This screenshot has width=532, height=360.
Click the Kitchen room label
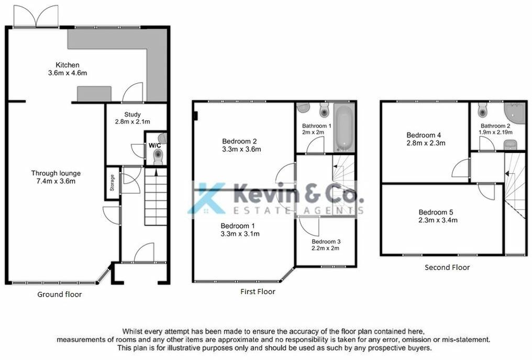tap(67, 65)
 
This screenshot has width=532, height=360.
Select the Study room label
tap(132, 114)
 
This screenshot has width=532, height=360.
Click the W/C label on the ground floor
tap(153, 145)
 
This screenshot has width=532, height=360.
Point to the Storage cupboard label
tap(112, 183)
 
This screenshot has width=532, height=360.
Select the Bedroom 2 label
tap(239, 141)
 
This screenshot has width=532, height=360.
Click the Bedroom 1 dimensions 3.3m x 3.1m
tap(240, 234)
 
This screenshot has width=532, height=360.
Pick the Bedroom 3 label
tap(326, 241)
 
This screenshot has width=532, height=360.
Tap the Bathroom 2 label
tap(495, 126)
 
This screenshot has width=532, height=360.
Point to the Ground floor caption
tap(59, 294)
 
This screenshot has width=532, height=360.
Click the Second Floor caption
tap(447, 267)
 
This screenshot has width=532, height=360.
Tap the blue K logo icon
tap(207, 198)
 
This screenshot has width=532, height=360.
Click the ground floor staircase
tap(155, 194)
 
